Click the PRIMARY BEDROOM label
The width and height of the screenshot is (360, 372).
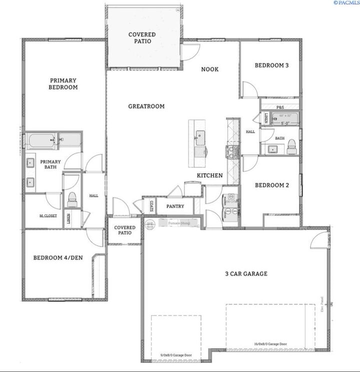63,83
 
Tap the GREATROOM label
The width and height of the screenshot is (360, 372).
146,106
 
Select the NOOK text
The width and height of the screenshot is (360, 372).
210,69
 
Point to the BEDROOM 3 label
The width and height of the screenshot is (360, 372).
271,65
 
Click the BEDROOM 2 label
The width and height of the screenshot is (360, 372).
272,185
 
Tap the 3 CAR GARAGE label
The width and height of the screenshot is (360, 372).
245,274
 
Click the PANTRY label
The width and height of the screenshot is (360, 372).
175,206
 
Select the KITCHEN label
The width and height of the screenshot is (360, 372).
209,176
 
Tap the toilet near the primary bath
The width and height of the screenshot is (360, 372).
71,199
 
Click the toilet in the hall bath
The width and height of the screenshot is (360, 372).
291,146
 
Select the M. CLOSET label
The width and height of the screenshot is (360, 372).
48,216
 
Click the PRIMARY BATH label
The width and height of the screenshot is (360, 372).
51,164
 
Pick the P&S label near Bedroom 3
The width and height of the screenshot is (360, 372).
280,107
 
